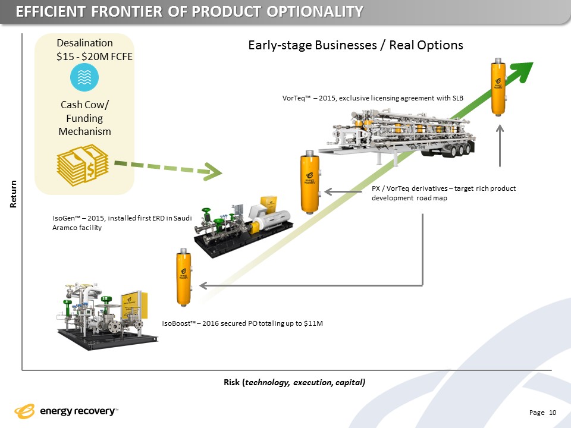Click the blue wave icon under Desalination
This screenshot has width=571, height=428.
(x=84, y=77)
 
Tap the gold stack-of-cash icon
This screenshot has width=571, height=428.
(x=83, y=166)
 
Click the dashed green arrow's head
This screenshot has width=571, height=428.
(x=213, y=172)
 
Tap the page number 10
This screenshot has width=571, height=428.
(x=553, y=413)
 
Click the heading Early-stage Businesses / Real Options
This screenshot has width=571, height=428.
(x=354, y=46)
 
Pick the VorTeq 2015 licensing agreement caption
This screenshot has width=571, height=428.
(x=372, y=97)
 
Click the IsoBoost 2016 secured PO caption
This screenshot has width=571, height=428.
(x=242, y=323)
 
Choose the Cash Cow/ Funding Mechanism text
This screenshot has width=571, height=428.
(x=84, y=118)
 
